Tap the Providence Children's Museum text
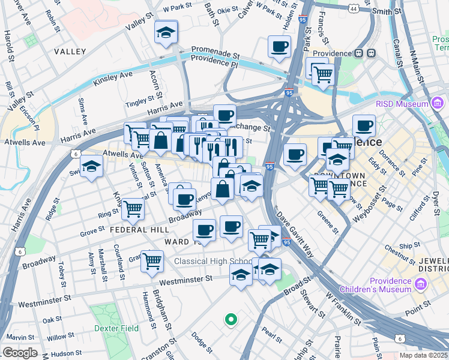coord(392,285)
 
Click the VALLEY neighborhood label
coord(70,52)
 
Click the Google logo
coord(20,353)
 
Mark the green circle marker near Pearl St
coord(230,320)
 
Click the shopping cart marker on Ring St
coord(133,209)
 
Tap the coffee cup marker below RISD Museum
coord(364,125)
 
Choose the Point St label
coord(418,312)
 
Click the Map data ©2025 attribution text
coord(423,355)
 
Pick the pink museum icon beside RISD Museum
coord(423,104)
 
